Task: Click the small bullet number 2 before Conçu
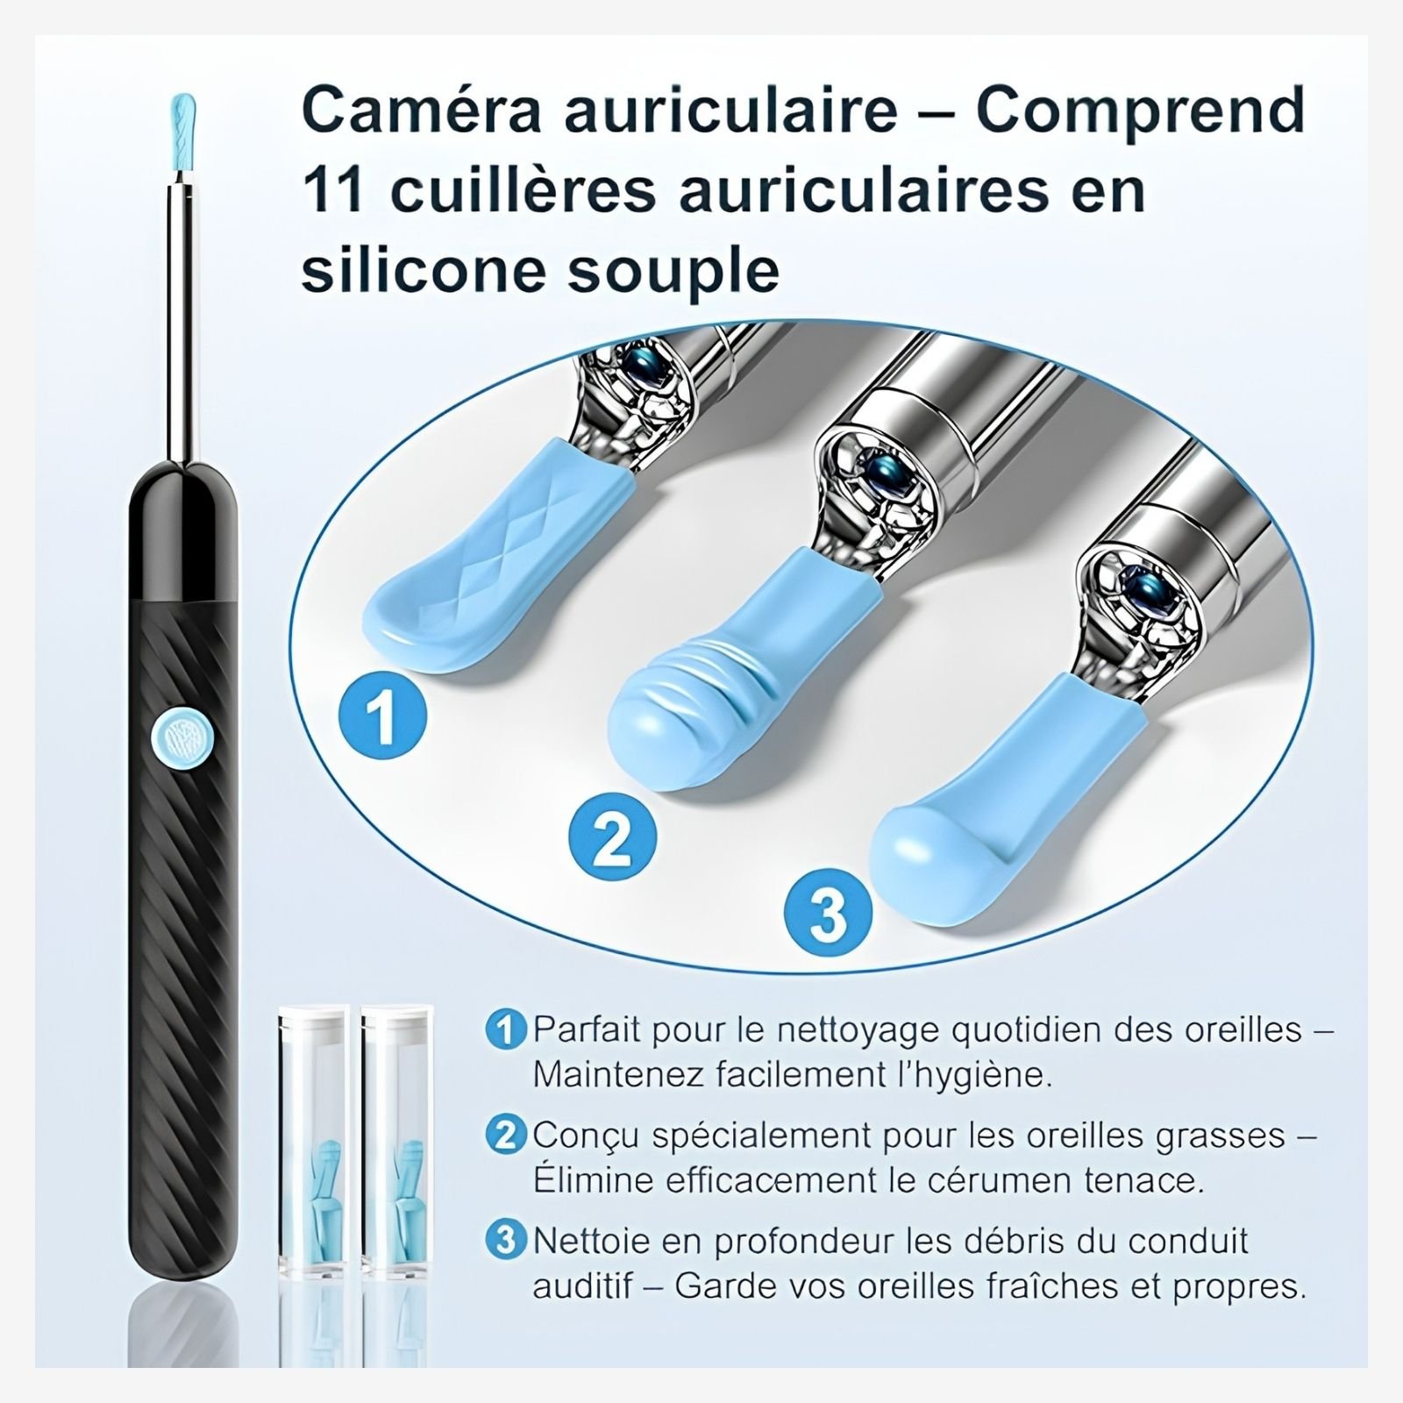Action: (x=504, y=1136)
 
